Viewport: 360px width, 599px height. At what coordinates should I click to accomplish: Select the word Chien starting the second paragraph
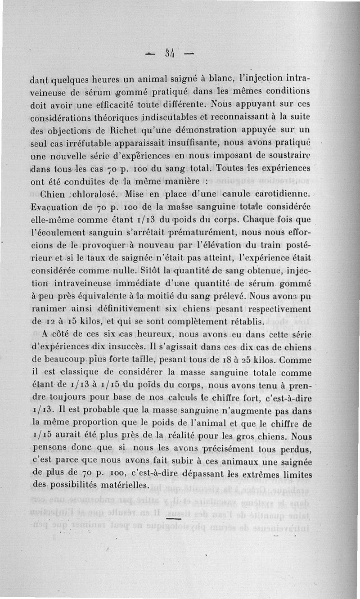[54, 195]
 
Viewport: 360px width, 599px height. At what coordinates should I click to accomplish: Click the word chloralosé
[94, 195]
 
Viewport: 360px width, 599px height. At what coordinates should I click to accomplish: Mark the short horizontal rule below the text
[173, 519]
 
